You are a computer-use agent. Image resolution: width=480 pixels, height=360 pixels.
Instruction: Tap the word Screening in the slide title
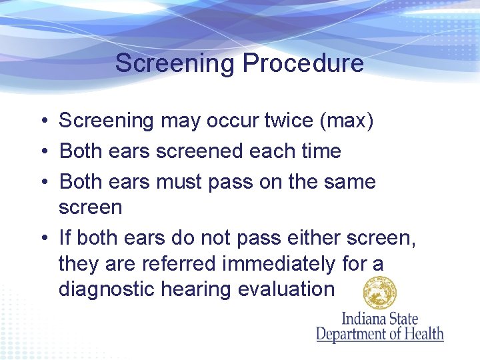[175, 63]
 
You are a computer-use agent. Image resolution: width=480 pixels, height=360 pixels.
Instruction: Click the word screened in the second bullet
[200, 151]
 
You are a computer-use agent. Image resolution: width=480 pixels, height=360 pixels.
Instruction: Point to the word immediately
[279, 264]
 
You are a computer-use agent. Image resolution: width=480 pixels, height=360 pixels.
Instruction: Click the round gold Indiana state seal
[379, 293]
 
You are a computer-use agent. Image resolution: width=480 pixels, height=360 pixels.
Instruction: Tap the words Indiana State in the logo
[379, 318]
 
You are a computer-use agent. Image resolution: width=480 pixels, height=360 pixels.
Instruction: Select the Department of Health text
[379, 333]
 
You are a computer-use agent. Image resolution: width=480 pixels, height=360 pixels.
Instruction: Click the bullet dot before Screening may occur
[42, 121]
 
